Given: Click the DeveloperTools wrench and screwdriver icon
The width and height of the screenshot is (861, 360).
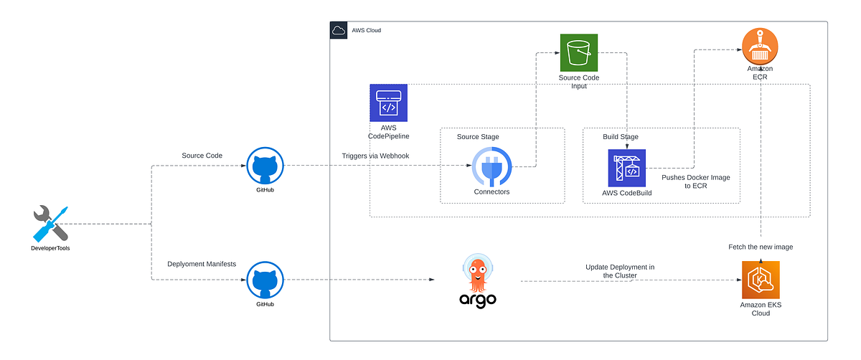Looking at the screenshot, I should [x=51, y=223].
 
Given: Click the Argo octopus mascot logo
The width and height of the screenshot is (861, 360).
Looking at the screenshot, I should [x=478, y=273].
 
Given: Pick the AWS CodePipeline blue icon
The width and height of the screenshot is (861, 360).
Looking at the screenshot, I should [x=388, y=103].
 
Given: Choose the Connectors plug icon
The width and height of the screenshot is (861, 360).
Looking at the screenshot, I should [x=491, y=166].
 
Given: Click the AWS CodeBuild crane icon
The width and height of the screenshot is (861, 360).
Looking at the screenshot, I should [x=626, y=168].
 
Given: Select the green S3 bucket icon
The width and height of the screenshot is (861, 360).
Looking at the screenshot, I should [x=579, y=52].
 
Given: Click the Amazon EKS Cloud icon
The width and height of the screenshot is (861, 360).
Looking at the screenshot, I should [x=760, y=280].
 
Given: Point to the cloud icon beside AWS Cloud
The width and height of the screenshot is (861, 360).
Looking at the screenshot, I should [x=338, y=30].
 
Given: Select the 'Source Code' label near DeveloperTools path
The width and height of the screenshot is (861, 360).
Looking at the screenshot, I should [x=202, y=156].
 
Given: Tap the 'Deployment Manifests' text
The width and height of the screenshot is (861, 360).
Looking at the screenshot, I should [x=201, y=264].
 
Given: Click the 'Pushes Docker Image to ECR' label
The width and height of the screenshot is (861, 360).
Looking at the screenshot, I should [x=695, y=181].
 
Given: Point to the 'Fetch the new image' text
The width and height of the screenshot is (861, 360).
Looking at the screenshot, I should [x=760, y=246].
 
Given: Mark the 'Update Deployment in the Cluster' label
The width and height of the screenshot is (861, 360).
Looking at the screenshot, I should [x=619, y=270].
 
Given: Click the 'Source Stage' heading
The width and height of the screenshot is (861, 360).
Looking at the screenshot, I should [x=478, y=137].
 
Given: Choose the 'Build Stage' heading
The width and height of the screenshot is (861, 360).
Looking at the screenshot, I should [x=620, y=137].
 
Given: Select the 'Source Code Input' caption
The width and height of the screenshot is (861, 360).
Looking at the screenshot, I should [x=578, y=82].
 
